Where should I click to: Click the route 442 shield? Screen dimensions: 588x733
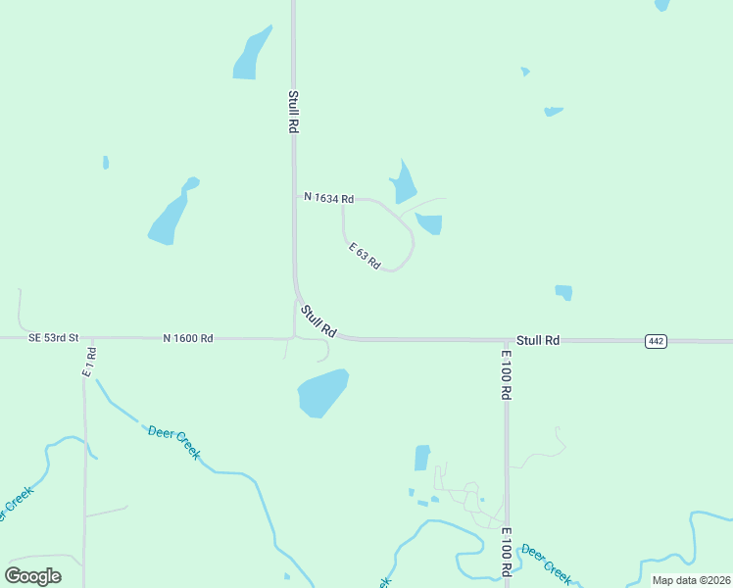click(x=657, y=341)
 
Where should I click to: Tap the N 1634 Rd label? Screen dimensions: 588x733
click(x=328, y=198)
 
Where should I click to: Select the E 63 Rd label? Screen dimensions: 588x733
click(x=365, y=258)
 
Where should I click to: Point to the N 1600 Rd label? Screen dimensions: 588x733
click(x=188, y=338)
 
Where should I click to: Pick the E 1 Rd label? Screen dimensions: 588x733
click(x=89, y=362)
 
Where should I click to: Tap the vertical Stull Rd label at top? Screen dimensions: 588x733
click(x=293, y=112)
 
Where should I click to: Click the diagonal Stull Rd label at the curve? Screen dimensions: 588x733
click(x=318, y=321)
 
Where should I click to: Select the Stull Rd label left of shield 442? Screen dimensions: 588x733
click(x=538, y=340)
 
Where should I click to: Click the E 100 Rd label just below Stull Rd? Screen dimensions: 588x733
click(x=507, y=374)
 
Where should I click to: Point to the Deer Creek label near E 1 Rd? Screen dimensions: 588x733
click(x=174, y=441)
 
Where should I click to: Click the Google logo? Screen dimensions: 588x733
click(x=33, y=575)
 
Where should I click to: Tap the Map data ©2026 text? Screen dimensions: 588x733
click(x=691, y=580)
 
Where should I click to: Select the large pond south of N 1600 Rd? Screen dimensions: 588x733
click(x=322, y=392)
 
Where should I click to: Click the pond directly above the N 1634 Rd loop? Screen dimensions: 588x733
click(x=403, y=183)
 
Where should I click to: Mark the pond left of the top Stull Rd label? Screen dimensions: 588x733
click(x=251, y=54)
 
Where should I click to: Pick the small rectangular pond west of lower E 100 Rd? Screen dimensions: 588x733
click(x=422, y=458)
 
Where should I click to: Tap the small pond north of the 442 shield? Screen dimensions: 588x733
click(x=563, y=292)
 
